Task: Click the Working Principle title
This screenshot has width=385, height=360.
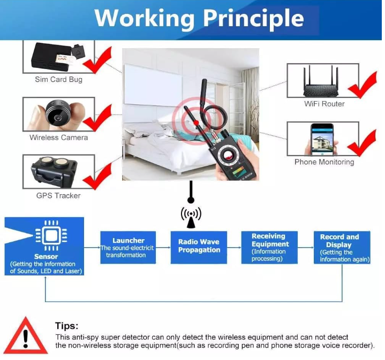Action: (x=199, y=19)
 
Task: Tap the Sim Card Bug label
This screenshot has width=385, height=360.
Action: (x=59, y=80)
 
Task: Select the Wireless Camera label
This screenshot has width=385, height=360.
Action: (x=59, y=137)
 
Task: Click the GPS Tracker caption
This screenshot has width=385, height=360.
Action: (x=58, y=195)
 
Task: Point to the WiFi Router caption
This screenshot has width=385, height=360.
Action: (x=324, y=104)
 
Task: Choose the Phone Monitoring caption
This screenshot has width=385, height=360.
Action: (x=324, y=162)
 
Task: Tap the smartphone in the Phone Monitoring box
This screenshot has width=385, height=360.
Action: (x=322, y=140)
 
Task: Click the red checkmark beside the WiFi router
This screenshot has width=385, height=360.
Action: (x=363, y=85)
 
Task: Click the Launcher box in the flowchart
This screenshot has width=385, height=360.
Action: (x=128, y=248)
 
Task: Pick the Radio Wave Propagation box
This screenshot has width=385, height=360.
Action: (x=199, y=248)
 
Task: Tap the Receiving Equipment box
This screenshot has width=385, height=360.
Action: (x=269, y=248)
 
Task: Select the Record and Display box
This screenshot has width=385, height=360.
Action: (x=342, y=248)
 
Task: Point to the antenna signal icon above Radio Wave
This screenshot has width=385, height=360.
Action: (x=191, y=217)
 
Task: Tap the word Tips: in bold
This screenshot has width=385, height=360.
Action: (x=66, y=326)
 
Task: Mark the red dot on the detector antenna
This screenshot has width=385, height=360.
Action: (x=196, y=122)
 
